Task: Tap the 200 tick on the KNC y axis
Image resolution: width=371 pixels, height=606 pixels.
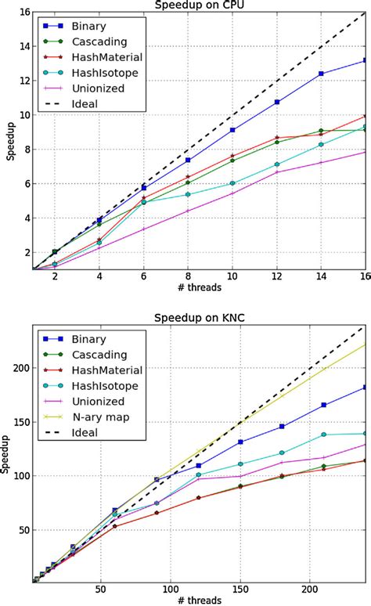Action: [x=19, y=368]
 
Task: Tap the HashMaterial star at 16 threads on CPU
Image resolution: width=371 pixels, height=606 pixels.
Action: [x=365, y=117]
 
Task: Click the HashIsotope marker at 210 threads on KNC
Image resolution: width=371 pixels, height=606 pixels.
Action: [x=323, y=435]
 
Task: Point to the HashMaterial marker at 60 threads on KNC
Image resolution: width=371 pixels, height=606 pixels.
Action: [x=115, y=526]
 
